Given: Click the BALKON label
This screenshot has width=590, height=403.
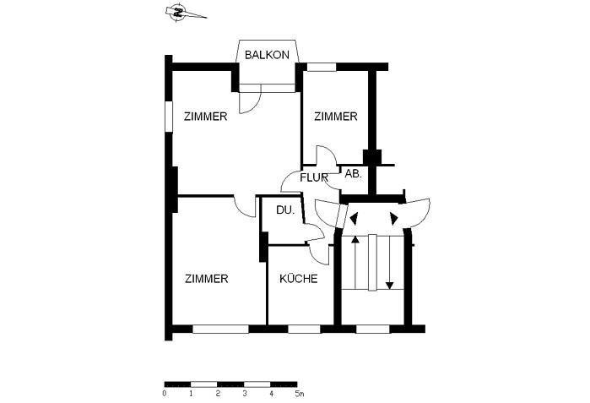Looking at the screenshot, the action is [x=267, y=55].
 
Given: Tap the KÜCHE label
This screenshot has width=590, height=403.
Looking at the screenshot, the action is [x=299, y=279].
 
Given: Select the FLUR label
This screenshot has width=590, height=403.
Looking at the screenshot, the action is [x=314, y=177].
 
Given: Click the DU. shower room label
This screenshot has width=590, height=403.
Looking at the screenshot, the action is [x=285, y=210].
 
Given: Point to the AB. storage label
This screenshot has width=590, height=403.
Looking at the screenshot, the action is [x=353, y=174].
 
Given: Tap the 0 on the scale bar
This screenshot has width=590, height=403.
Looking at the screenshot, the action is [x=165, y=394].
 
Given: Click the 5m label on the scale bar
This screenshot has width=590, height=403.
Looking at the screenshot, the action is [x=299, y=394].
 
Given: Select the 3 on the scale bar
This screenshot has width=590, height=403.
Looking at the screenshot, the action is [x=245, y=394].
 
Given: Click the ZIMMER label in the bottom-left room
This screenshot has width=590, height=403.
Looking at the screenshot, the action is [x=207, y=279].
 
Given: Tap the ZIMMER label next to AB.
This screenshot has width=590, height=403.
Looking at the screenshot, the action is [x=336, y=117].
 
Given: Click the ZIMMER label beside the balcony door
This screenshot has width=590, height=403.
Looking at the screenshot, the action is [x=205, y=117].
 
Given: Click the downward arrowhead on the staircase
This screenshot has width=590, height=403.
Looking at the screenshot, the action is [x=389, y=286].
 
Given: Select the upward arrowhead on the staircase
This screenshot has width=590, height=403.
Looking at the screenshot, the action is [x=355, y=239].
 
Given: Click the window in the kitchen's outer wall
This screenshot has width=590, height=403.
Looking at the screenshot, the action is [x=304, y=329].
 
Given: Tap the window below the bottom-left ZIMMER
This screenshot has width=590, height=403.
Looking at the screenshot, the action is [x=221, y=329].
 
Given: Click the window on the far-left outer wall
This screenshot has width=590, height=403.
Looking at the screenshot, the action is [x=169, y=117].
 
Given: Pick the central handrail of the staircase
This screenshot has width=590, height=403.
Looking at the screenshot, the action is [x=372, y=263].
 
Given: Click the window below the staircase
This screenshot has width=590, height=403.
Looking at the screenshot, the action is [x=373, y=329].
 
